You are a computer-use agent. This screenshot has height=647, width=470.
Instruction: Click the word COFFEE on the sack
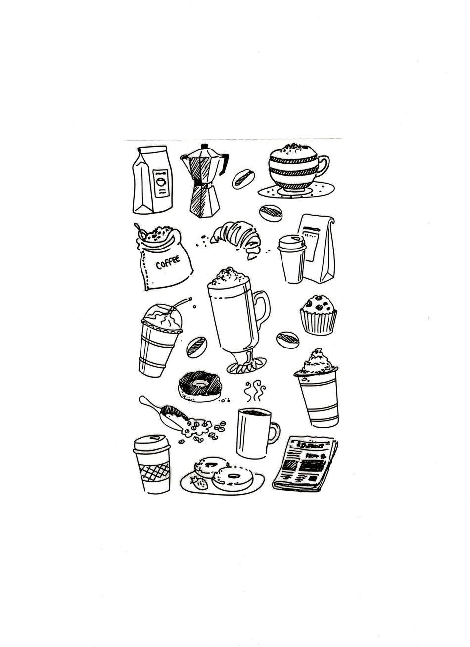(x=168, y=262)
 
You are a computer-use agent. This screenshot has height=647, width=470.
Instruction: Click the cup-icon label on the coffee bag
(x=161, y=182)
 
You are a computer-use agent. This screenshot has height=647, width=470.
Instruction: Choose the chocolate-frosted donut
(x=200, y=385)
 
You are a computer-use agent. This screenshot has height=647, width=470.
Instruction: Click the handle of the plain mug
(x=274, y=432)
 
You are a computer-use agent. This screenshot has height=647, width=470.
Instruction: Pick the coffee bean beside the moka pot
(x=243, y=178)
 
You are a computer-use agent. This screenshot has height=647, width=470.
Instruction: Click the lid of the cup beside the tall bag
(x=291, y=242)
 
